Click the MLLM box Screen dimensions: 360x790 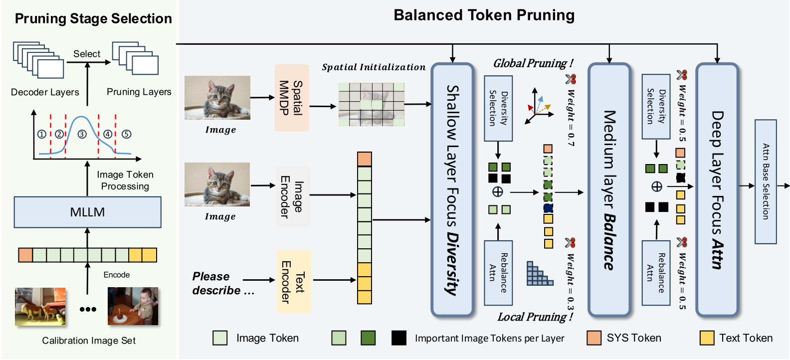pyautogui.click(x=87, y=212)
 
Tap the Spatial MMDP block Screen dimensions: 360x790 pyautogui.click(x=291, y=98)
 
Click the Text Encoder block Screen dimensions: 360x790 pyautogui.click(x=293, y=281)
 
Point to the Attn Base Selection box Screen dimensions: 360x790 pyautogui.click(x=766, y=181)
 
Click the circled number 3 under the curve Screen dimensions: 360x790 pyautogui.click(x=82, y=134)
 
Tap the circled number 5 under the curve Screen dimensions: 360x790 pyautogui.click(x=127, y=134)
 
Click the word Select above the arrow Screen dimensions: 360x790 pyautogui.click(x=87, y=54)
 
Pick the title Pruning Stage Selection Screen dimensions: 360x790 pyautogui.click(x=93, y=18)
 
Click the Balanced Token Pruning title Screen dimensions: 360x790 pyautogui.click(x=484, y=15)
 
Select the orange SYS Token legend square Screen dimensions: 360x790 pyautogui.click(x=594, y=338)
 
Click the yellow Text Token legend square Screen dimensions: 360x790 pyautogui.click(x=707, y=338)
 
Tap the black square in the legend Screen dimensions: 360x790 pyautogui.click(x=398, y=338)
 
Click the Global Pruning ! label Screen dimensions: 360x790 pyautogui.click(x=533, y=63)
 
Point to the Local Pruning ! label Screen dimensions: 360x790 pyautogui.click(x=535, y=317)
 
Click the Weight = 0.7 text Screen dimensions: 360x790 pyautogui.click(x=571, y=118)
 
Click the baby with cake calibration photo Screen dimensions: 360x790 pyautogui.click(x=133, y=306)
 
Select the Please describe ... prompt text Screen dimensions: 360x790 pyautogui.click(x=223, y=284)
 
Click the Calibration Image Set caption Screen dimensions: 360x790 pyautogui.click(x=89, y=341)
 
